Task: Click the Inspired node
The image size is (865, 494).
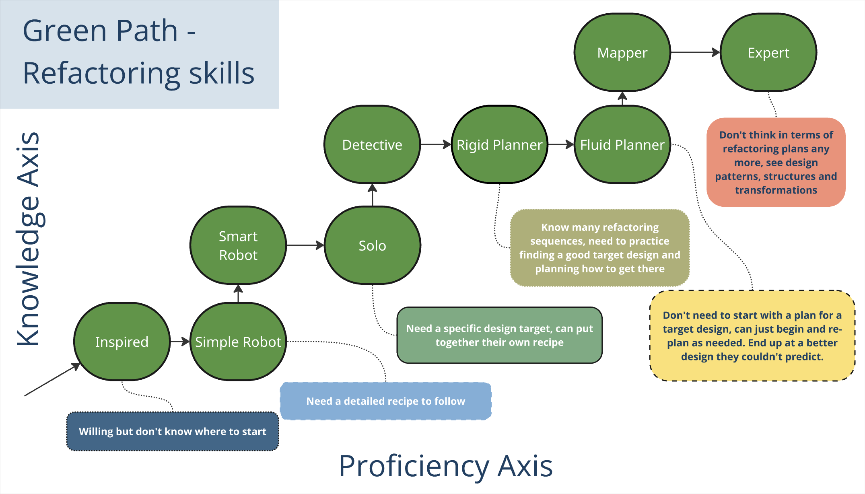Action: pos(122,342)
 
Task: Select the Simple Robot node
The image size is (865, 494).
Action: pos(238,342)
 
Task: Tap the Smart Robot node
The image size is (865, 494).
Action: pos(238,245)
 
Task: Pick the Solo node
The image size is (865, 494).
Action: pos(372,245)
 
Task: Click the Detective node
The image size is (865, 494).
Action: pos(372,145)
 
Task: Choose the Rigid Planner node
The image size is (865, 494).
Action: pos(499,145)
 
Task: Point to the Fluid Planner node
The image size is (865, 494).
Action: pos(622,145)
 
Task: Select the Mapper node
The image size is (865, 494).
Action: pos(622,53)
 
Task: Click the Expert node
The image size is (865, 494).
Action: pos(768,53)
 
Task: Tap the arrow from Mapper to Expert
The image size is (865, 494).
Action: pos(695,52)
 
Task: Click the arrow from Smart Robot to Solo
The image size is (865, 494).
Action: pos(305,245)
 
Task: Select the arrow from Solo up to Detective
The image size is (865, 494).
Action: pos(373,195)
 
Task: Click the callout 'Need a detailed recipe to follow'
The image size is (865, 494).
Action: pos(385,401)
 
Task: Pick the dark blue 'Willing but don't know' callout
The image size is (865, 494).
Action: pos(172,431)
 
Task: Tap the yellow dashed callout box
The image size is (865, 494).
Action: pos(752,336)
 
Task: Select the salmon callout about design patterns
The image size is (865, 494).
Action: pos(776,162)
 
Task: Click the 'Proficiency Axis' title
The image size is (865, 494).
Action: pos(445,466)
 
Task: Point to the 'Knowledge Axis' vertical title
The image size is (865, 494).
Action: pos(28,239)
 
